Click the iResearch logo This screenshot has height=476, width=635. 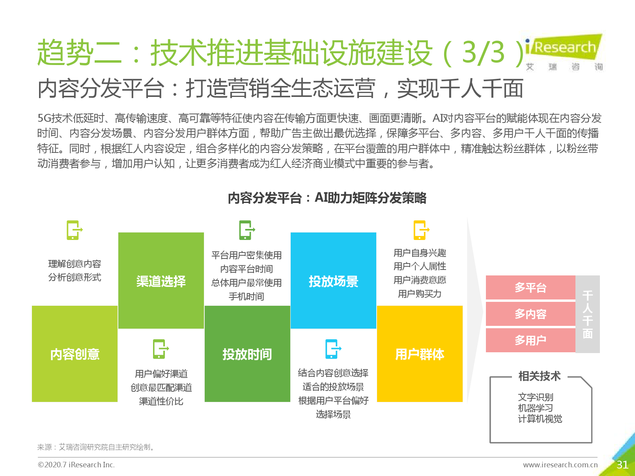point(564,52)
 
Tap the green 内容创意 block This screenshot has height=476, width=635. point(75,354)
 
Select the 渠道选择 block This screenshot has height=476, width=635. point(161,280)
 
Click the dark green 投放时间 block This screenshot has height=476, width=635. point(247,354)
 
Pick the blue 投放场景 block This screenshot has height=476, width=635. point(333,280)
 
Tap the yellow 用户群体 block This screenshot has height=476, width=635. point(420,354)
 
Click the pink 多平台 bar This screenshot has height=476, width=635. point(530,288)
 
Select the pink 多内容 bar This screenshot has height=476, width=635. point(530,314)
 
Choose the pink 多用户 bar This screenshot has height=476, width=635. point(530,340)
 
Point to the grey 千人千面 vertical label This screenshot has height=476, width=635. point(588,314)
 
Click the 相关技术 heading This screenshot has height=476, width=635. point(539,376)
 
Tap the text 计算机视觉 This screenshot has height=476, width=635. point(540,419)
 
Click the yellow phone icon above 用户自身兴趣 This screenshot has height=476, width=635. point(421,230)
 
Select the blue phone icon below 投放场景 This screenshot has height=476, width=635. point(333,349)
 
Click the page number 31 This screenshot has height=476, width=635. point(622,465)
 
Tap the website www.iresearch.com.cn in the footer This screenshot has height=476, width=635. point(560,465)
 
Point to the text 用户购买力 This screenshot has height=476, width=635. point(420,294)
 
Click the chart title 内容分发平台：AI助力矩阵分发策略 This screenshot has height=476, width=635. point(327,198)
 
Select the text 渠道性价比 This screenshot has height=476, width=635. point(161,401)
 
